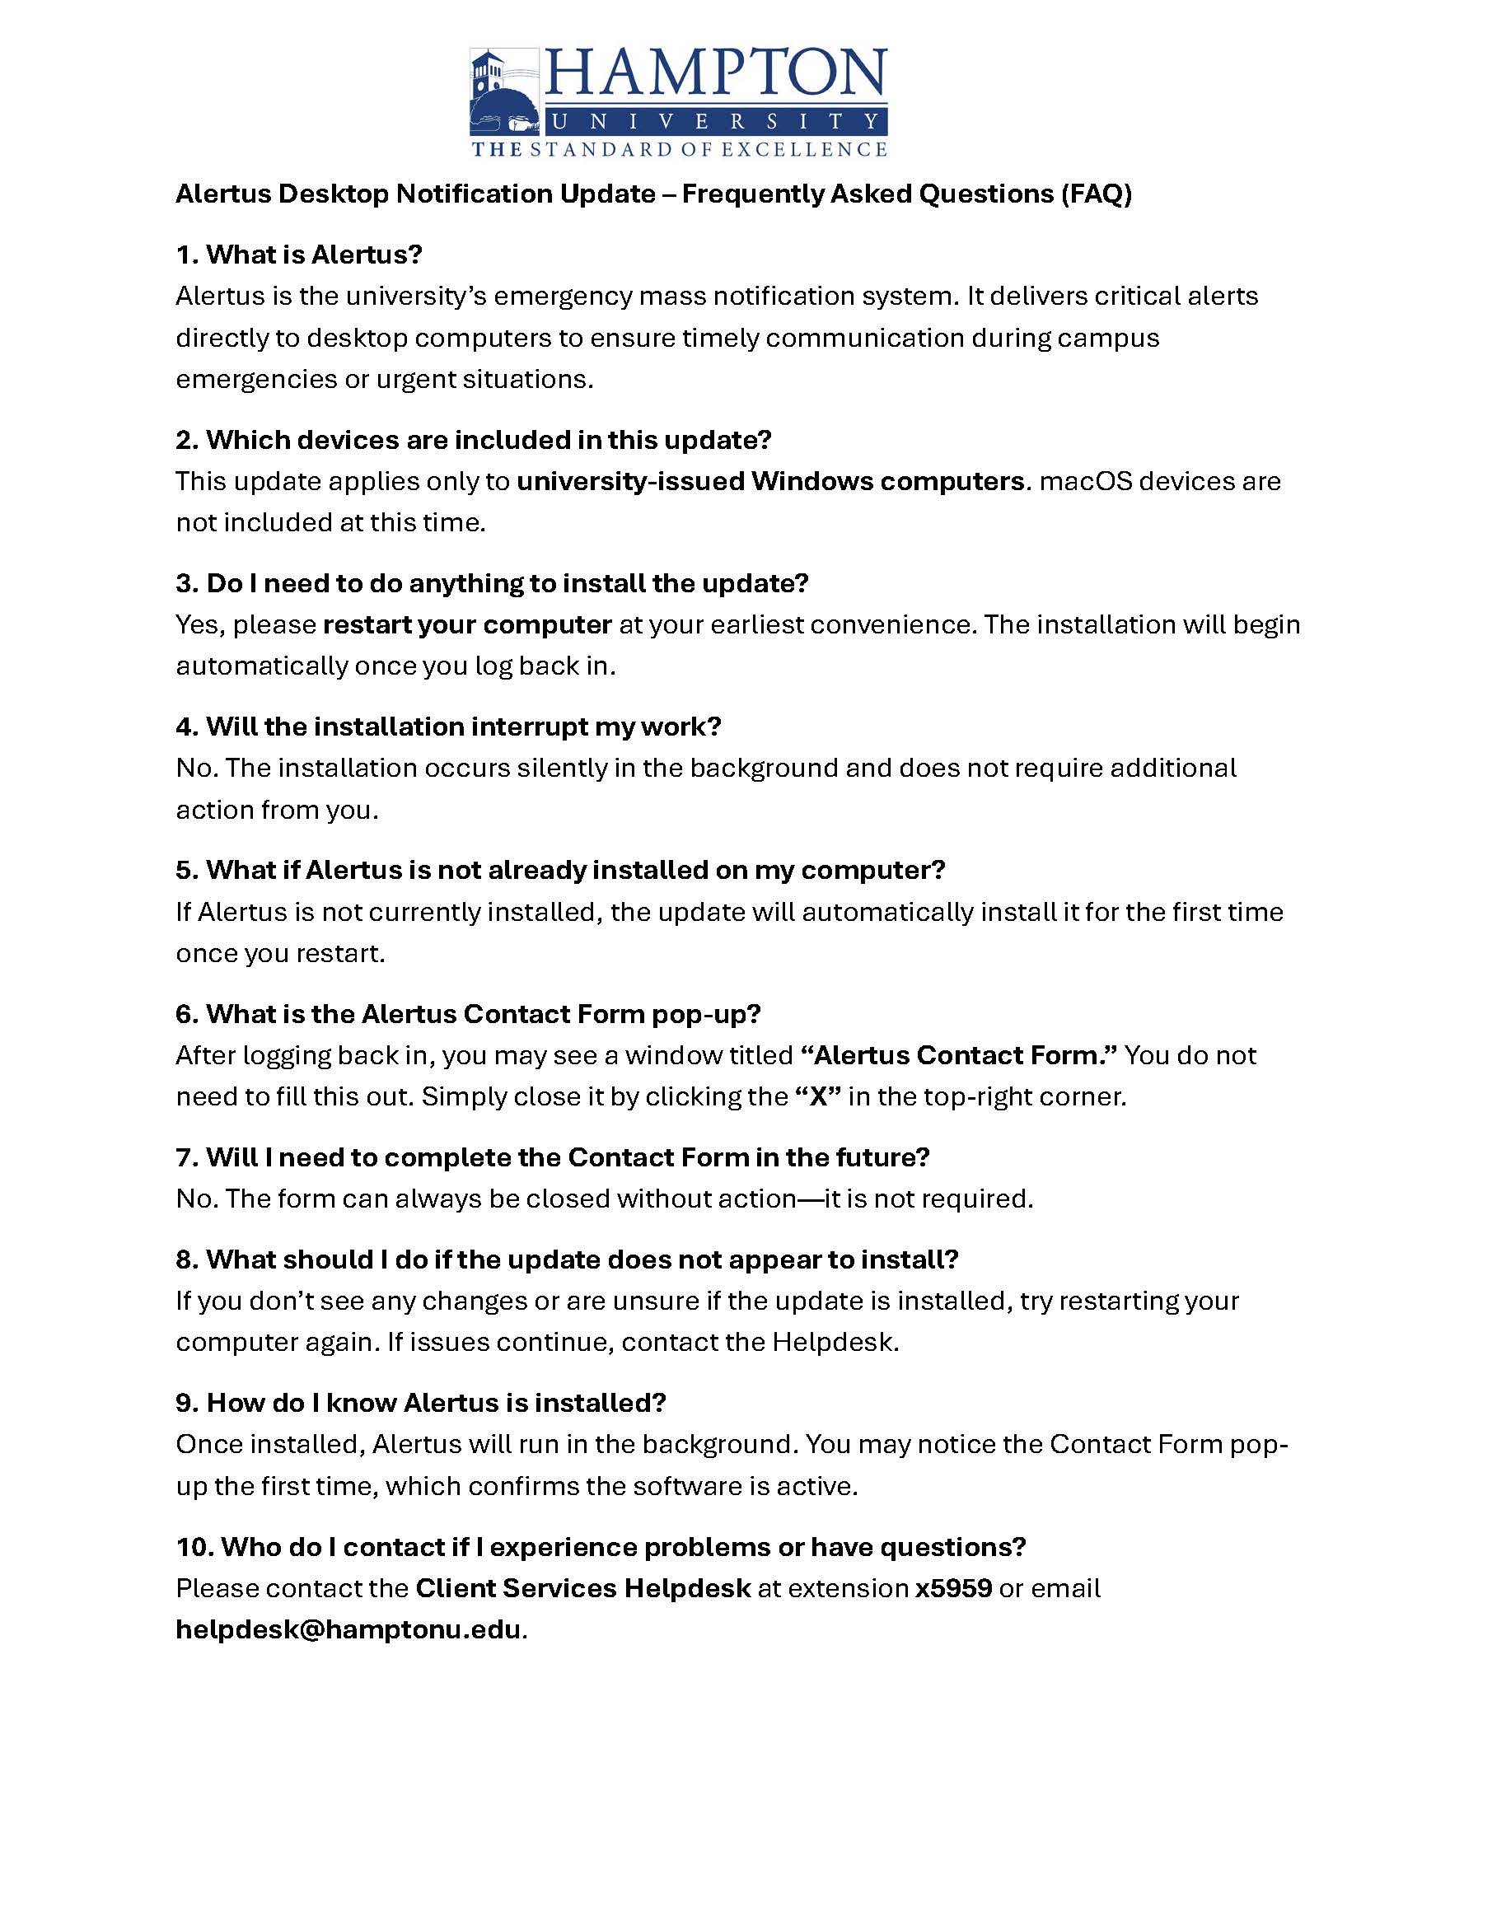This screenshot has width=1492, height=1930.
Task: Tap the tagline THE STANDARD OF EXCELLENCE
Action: (679, 149)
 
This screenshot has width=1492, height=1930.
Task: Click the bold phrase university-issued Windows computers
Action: (769, 482)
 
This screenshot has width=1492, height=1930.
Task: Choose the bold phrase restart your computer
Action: (468, 624)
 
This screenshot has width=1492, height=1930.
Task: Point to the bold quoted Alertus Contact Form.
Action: (959, 1055)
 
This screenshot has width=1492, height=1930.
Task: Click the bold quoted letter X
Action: (817, 1096)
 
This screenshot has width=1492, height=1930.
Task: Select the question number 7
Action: (185, 1157)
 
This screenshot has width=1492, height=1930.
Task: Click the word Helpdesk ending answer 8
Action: (834, 1343)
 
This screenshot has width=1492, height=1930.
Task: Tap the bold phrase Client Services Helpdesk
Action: (582, 1588)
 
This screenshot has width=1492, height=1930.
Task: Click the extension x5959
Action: (953, 1588)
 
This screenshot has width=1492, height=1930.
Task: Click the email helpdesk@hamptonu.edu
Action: (348, 1629)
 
